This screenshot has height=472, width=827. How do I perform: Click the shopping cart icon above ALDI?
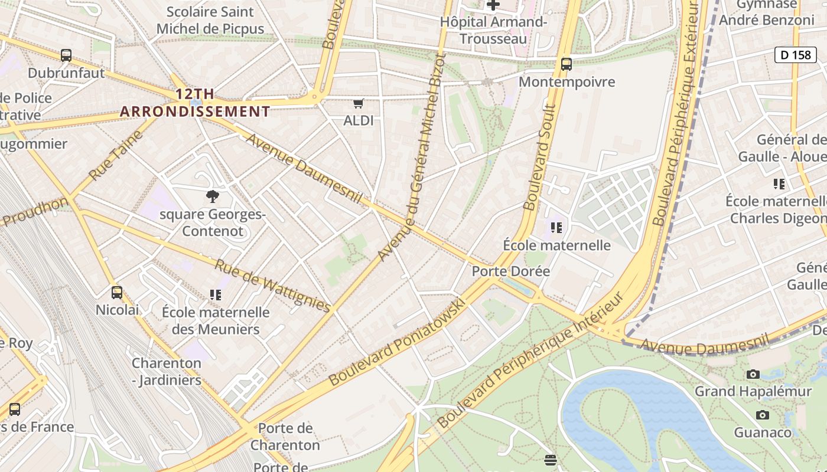358,104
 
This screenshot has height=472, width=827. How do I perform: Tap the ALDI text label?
358,120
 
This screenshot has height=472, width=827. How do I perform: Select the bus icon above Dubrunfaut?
66,55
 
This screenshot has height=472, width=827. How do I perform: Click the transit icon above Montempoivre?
566,64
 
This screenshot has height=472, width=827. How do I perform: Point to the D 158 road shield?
795,55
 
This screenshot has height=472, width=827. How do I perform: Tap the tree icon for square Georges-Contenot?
212,196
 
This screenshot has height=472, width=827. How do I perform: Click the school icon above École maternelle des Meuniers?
216,294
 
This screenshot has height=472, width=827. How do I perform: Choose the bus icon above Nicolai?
117,292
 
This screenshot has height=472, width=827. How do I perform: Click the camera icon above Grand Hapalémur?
753,374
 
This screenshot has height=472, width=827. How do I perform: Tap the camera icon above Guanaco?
763,415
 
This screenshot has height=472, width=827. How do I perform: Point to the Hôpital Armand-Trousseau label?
493,30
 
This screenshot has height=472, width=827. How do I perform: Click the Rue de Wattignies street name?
272,286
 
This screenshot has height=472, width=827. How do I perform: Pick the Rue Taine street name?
116,155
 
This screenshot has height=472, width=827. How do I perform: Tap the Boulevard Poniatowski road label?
396,342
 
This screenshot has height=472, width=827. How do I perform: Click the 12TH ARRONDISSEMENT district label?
195,103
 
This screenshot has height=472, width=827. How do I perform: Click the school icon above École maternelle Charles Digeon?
779,184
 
